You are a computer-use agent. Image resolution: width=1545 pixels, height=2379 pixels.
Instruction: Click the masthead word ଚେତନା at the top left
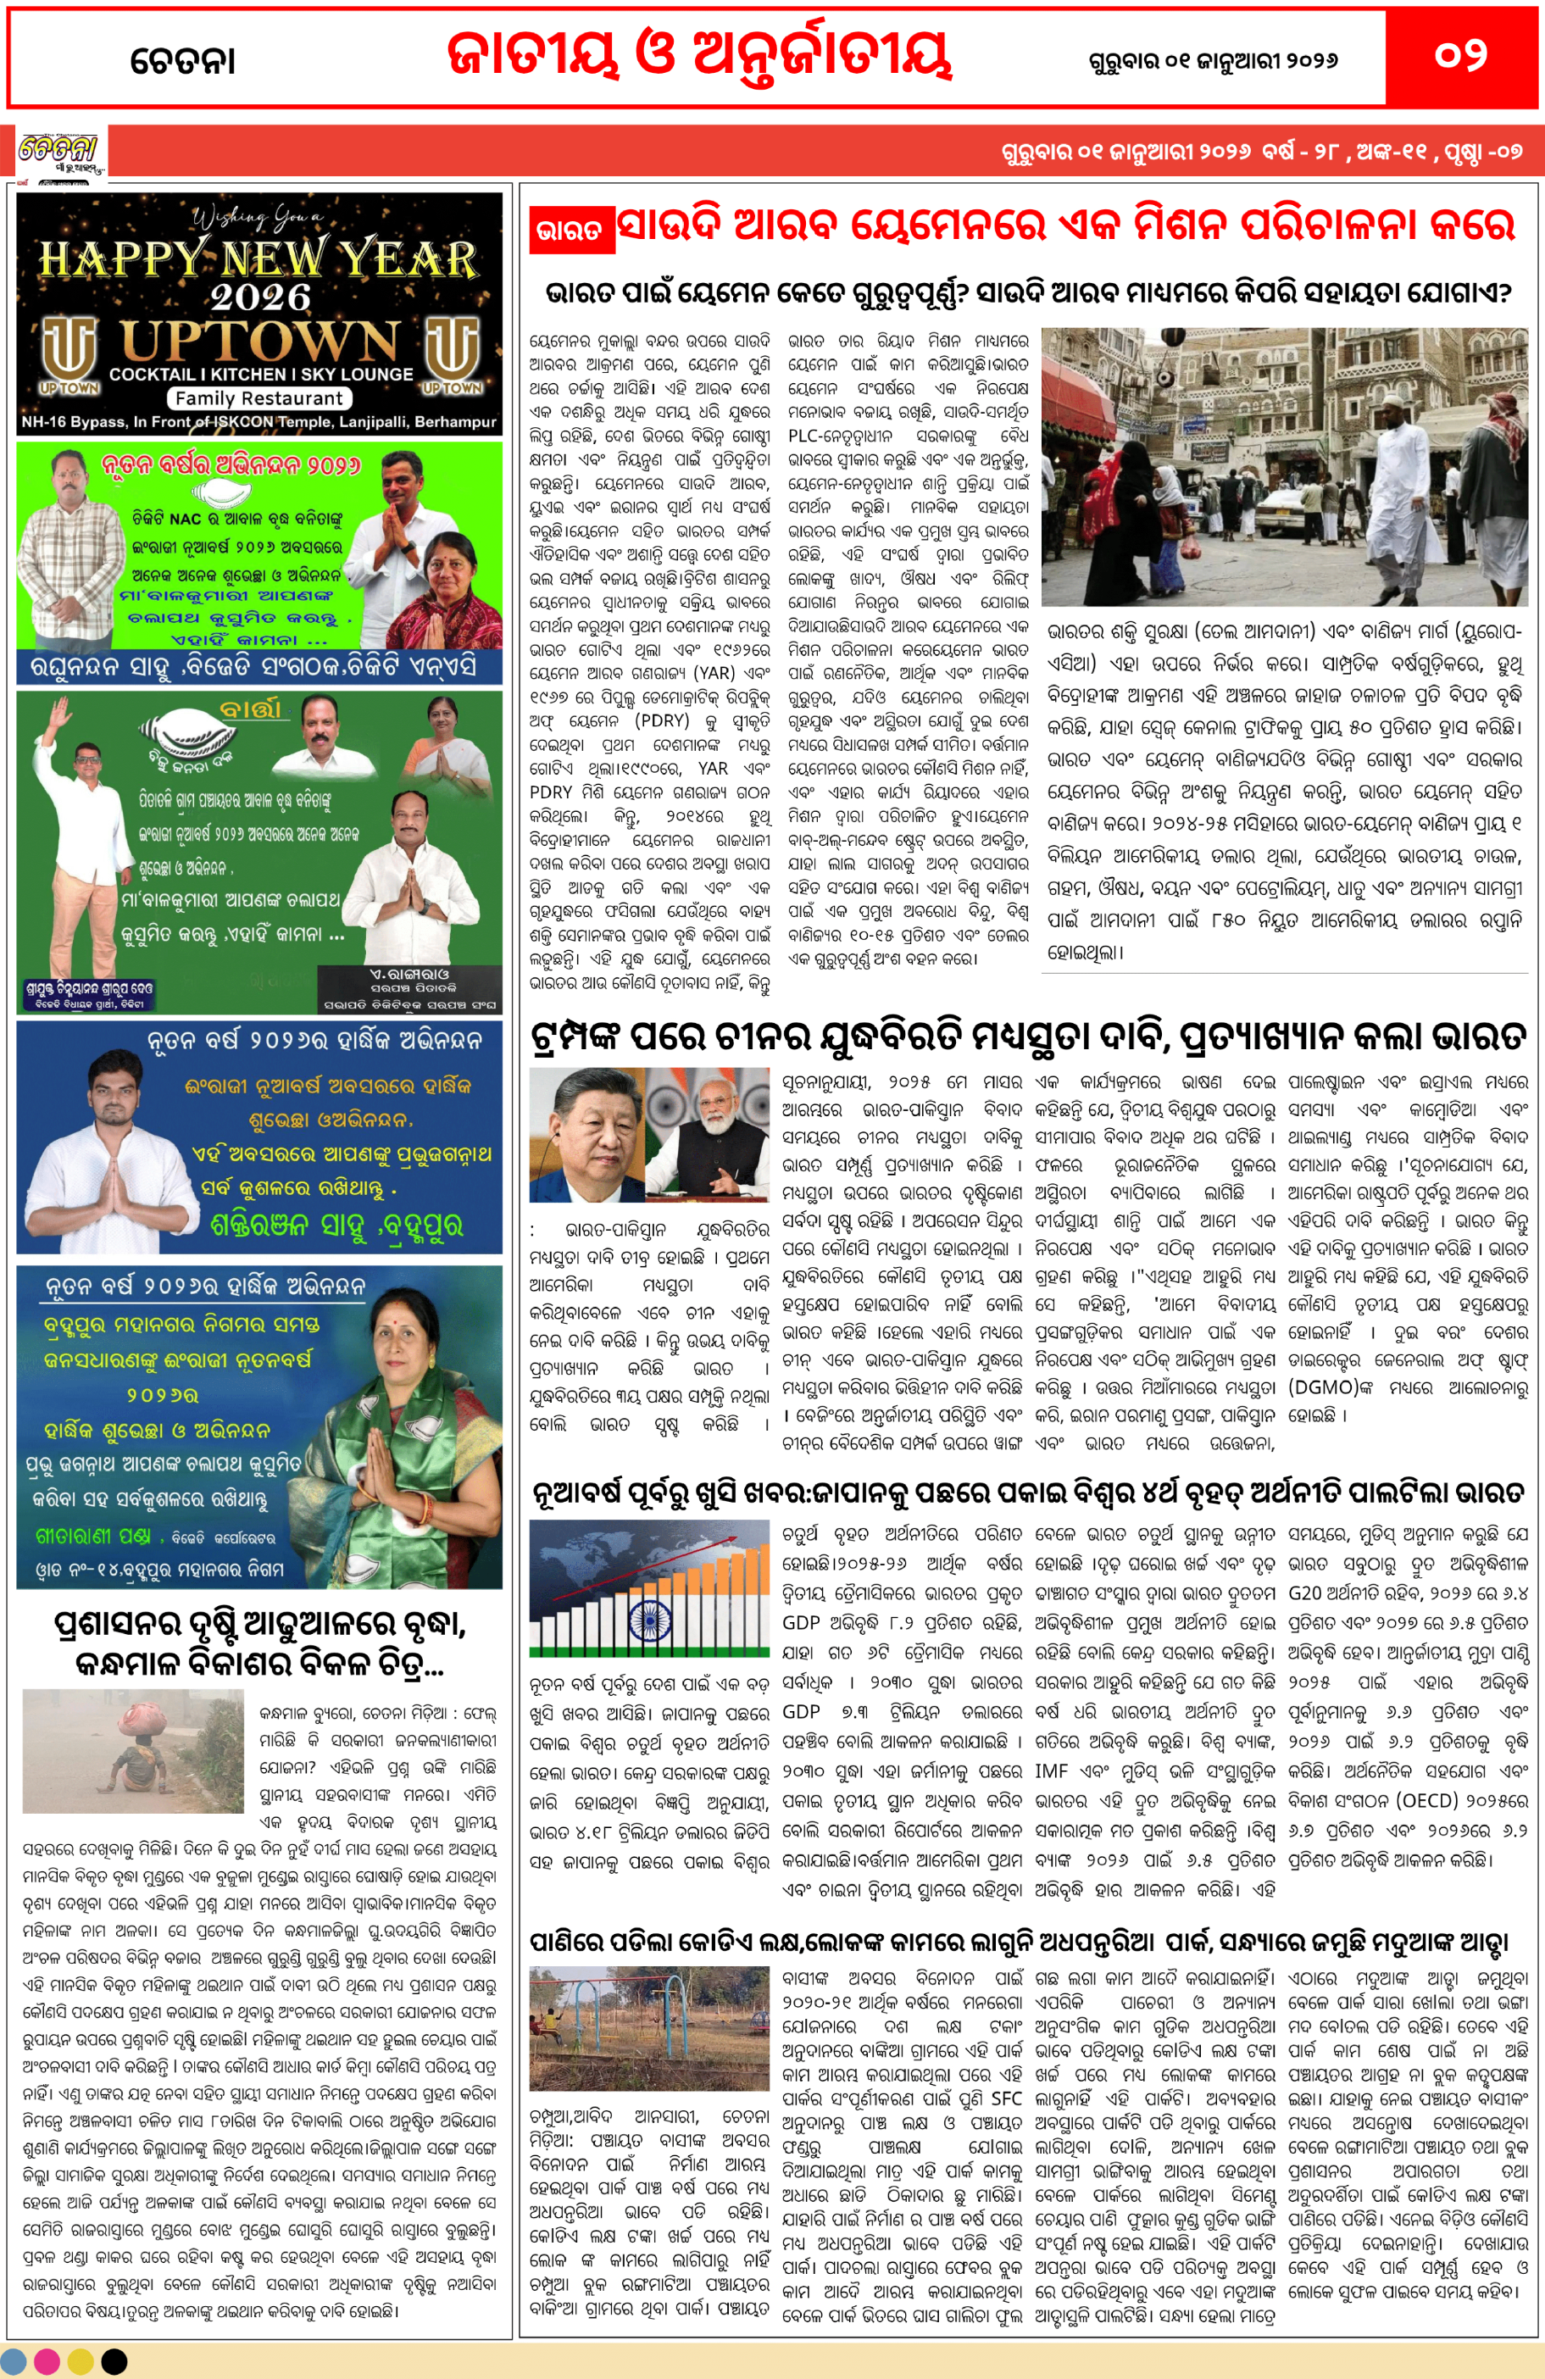pyautogui.click(x=183, y=61)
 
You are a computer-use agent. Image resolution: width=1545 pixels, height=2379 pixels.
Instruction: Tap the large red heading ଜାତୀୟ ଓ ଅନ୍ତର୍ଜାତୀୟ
pyautogui.click(x=698, y=56)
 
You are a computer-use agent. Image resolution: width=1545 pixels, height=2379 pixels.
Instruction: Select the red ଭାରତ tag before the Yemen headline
pyautogui.click(x=569, y=230)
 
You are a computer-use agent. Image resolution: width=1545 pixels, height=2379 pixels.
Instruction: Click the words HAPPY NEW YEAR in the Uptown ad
pyautogui.click(x=258, y=258)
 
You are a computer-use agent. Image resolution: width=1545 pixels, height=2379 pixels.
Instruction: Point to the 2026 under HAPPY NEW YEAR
pyautogui.click(x=260, y=297)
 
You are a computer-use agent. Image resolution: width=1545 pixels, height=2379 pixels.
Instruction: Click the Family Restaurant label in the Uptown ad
pyautogui.click(x=258, y=397)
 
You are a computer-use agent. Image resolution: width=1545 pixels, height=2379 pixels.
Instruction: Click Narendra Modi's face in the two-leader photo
pyautogui.click(x=716, y=1114)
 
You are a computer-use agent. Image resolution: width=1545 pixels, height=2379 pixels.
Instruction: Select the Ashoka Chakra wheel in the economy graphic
pyautogui.click(x=651, y=1617)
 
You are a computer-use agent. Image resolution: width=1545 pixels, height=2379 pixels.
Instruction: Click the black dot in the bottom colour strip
pyautogui.click(x=115, y=2361)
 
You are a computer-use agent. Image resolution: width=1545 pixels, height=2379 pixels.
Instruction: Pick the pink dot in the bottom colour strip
pyautogui.click(x=47, y=2361)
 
